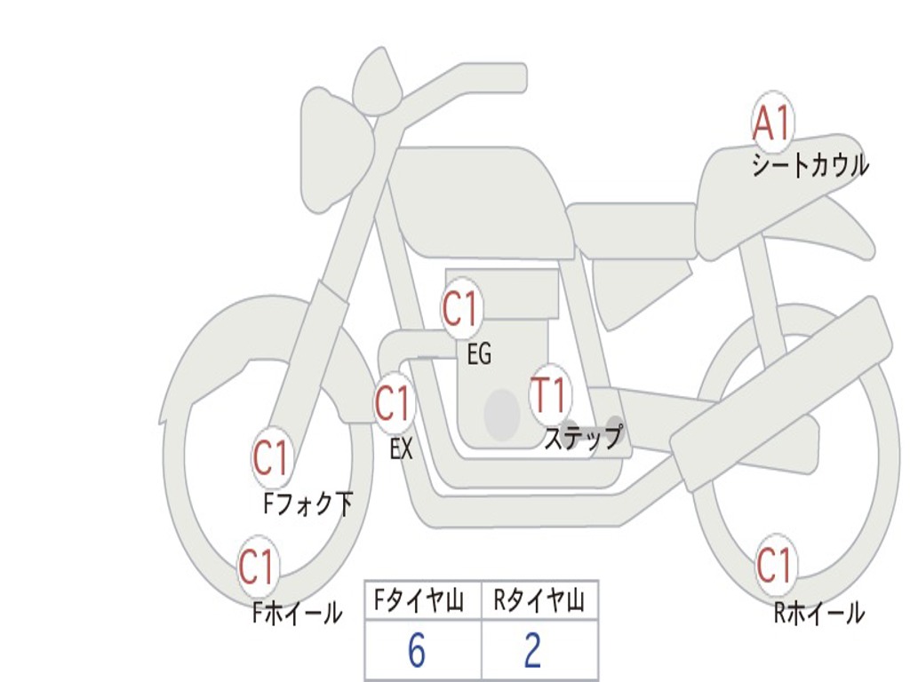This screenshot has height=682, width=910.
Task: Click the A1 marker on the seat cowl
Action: tap(771, 123)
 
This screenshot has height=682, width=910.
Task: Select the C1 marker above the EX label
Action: tap(393, 404)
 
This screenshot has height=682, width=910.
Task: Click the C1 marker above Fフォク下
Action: tap(271, 459)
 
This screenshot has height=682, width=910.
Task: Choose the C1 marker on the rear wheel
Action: tap(773, 565)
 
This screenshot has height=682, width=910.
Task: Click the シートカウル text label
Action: tap(810, 165)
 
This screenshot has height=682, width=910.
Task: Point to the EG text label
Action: tap(479, 354)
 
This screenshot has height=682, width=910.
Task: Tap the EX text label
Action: tap(402, 448)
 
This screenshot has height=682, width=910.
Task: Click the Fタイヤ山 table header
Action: tap(423, 601)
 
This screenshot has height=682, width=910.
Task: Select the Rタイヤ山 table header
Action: tap(539, 601)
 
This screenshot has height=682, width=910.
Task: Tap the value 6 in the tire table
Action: tap(417, 651)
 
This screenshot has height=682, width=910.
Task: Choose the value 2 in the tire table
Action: tap(532, 651)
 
